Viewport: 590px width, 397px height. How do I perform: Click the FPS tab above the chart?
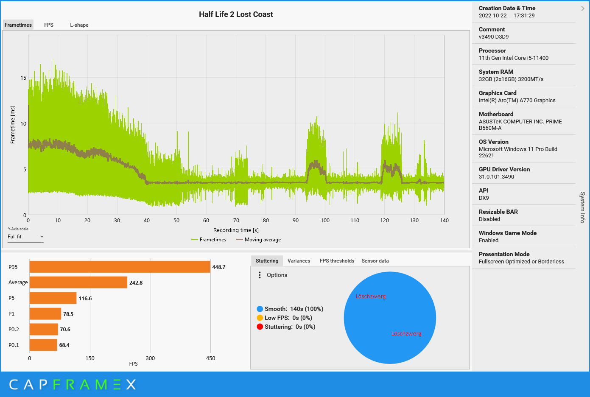click(x=49, y=25)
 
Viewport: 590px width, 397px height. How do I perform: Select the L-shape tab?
click(x=79, y=25)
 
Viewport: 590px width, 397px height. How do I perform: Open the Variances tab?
click(x=299, y=261)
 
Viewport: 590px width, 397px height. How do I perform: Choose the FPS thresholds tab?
click(x=337, y=261)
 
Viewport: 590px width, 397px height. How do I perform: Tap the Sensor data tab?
click(x=375, y=261)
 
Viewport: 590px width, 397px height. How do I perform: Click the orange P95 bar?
click(x=120, y=267)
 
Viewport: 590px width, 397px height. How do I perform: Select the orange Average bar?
click(x=78, y=282)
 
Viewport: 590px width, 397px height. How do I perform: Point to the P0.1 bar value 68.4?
click(x=64, y=345)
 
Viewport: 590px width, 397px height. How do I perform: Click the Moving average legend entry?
click(x=259, y=240)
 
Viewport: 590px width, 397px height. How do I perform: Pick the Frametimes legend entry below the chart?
click(x=209, y=240)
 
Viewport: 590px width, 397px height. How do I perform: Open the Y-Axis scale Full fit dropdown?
click(x=25, y=237)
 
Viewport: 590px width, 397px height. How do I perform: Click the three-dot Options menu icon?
click(x=260, y=275)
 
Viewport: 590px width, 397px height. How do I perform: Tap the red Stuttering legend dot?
click(x=260, y=327)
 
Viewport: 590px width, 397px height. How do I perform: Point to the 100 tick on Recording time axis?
click(x=325, y=221)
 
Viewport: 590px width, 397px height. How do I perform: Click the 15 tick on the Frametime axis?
click(x=23, y=78)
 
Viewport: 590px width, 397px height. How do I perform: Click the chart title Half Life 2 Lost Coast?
click(x=236, y=14)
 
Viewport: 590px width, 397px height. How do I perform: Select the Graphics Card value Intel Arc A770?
click(x=517, y=101)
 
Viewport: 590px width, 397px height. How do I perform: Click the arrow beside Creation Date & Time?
click(x=583, y=8)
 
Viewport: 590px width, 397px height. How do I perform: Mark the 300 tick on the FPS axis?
click(x=151, y=358)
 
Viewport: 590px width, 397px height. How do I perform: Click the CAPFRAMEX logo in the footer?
click(x=73, y=385)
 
